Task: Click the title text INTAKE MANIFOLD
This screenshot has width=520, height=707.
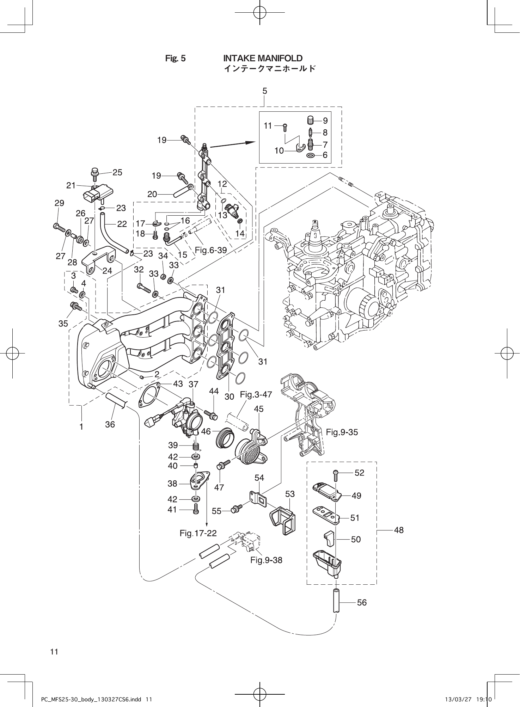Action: click(263, 58)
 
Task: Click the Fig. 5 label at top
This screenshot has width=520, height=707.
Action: click(175, 59)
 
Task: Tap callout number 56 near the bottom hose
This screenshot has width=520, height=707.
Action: click(362, 602)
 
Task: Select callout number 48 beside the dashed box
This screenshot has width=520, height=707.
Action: click(398, 530)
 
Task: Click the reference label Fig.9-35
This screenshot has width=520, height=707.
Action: click(342, 432)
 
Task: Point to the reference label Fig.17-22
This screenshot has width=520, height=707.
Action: click(198, 533)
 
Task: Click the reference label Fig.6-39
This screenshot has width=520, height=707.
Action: click(210, 250)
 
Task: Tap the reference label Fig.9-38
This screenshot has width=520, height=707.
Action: click(266, 560)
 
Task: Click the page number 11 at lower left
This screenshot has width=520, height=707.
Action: click(54, 652)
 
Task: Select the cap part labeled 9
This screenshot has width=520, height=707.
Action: click(310, 120)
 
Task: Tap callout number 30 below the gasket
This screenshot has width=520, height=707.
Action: click(229, 396)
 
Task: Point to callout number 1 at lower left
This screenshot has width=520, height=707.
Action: click(81, 426)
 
